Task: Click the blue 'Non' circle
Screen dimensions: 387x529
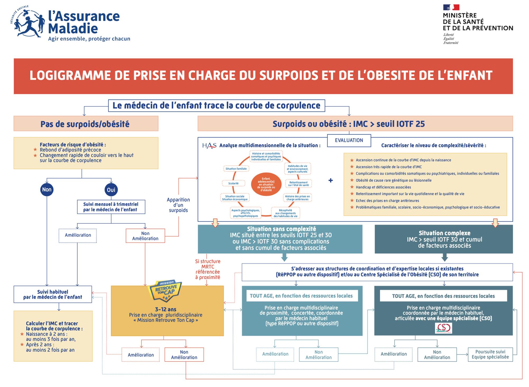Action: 47,190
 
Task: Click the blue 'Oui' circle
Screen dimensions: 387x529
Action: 111,190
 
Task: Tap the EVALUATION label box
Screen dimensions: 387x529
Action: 349,140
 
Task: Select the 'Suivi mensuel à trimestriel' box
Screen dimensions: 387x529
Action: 111,207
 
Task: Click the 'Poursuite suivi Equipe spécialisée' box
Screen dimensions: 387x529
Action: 490,354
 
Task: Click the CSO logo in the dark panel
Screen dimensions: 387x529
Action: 444,328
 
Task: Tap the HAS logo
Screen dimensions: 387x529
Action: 209,145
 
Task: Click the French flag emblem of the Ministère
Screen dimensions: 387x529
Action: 451,7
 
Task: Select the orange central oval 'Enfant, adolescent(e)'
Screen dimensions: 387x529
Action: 266,184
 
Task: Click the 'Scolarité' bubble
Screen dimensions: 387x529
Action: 233,183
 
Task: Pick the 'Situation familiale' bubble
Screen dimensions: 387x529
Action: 236,169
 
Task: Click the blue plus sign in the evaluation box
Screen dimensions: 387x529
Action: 331,180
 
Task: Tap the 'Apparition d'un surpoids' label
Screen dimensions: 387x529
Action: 178,205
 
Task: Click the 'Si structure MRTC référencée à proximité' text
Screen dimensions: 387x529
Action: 208,269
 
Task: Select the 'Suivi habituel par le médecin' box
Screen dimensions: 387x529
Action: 53,294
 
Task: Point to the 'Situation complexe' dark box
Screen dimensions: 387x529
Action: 444,239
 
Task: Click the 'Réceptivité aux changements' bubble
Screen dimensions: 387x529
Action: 285,213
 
